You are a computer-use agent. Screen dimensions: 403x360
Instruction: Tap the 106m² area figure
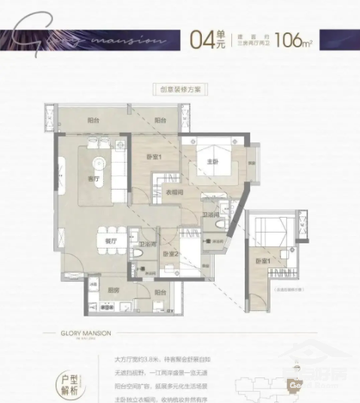tap(294, 38)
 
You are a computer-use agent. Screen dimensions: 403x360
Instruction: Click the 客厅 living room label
tap(94, 179)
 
